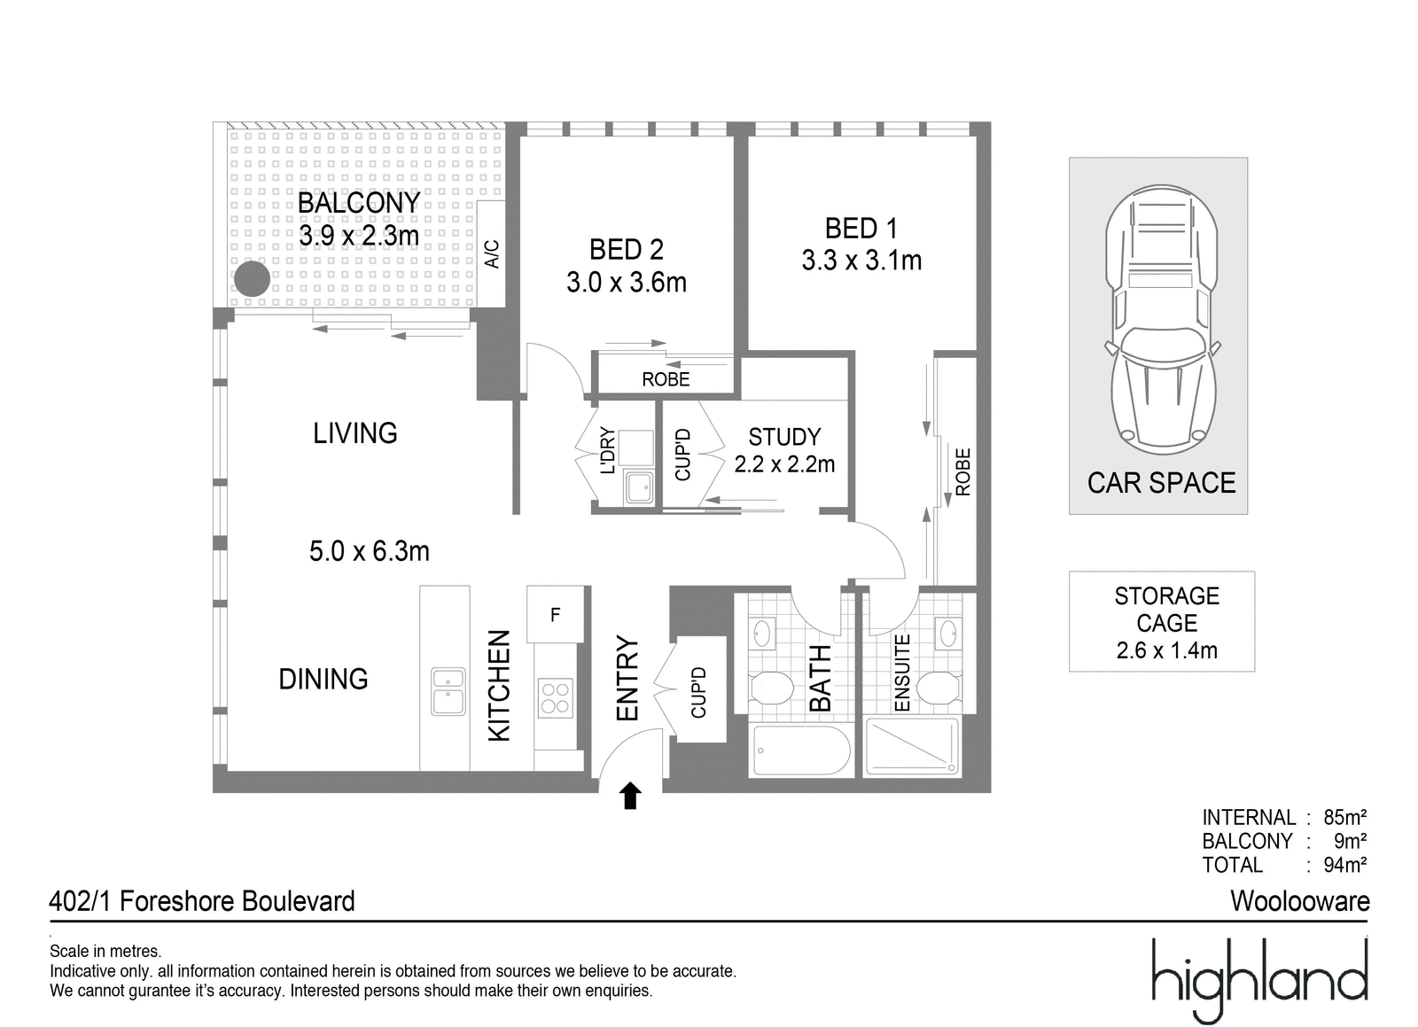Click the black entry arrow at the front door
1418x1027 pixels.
630,796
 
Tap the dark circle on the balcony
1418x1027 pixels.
252,278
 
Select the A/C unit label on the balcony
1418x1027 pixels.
492,253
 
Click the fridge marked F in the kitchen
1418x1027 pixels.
555,614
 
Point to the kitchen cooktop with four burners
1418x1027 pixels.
555,698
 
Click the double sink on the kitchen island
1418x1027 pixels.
448,691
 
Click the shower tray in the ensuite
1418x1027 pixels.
912,746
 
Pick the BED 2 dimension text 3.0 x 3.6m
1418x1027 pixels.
627,282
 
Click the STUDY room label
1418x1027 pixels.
784,437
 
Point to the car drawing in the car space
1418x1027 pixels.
1161,320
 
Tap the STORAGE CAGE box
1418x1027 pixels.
1162,621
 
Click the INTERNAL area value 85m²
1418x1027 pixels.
1344,817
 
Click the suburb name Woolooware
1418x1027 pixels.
1299,901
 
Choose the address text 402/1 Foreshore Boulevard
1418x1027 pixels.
202,901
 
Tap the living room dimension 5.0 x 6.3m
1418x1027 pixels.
369,551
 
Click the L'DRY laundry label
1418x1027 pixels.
607,450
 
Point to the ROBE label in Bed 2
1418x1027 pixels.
666,379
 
